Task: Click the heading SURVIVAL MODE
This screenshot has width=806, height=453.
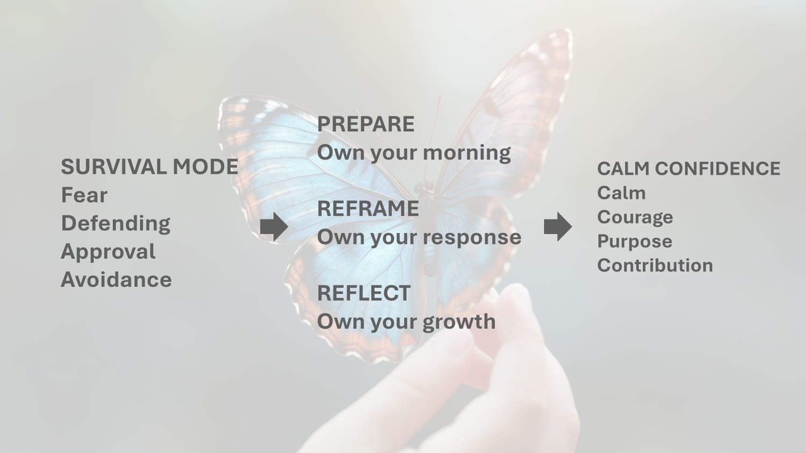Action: (149, 167)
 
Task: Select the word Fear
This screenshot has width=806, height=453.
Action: (84, 195)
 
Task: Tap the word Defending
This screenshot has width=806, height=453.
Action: (116, 224)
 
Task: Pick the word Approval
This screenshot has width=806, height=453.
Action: (109, 252)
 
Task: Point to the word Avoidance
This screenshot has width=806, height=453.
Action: (116, 279)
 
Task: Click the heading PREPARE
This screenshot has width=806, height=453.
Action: (365, 124)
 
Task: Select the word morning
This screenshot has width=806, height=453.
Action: (467, 153)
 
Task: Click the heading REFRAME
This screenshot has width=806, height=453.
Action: (368, 209)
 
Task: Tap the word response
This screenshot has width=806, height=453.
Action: (472, 238)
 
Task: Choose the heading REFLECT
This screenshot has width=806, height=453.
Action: (364, 293)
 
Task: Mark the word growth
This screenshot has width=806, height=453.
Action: (459, 322)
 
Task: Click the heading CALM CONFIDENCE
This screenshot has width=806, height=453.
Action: (689, 169)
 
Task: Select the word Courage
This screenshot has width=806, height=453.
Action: (635, 218)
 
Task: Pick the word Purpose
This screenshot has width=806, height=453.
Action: (635, 242)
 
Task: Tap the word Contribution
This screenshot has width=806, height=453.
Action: (655, 266)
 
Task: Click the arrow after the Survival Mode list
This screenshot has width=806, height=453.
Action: (274, 226)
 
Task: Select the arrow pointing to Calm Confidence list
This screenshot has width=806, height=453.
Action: (558, 226)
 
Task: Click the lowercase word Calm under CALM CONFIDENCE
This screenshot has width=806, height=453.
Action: (621, 193)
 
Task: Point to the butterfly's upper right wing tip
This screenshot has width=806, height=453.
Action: (568, 32)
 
